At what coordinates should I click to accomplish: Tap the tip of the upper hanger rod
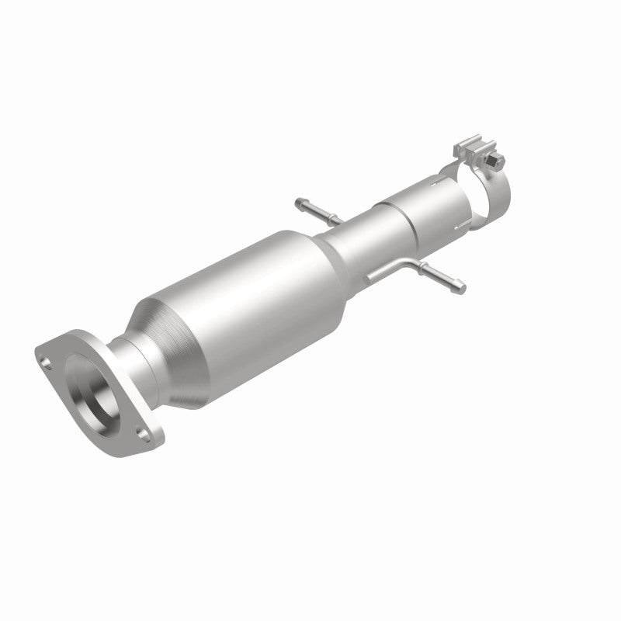coord(300,203)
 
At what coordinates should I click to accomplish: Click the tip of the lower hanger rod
coord(463,290)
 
